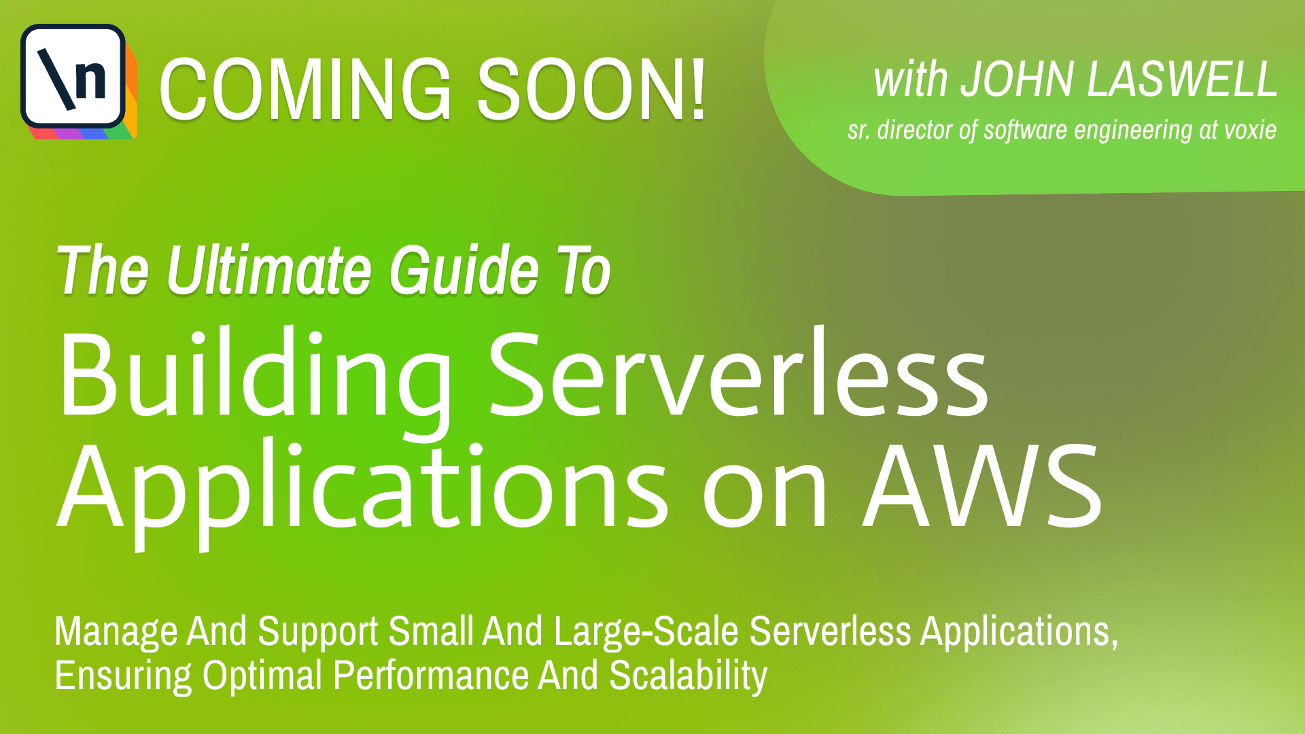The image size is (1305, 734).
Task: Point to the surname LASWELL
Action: [1183, 80]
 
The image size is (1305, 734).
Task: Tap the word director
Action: [915, 130]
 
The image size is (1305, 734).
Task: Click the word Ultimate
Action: [269, 270]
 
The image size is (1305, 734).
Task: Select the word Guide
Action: [464, 270]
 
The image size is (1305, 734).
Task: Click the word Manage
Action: [116, 632]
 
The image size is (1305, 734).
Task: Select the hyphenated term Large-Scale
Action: [646, 632]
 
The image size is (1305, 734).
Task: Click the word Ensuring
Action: [124, 677]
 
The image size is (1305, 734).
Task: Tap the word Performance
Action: [431, 676]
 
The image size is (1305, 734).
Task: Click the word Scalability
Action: [688, 677]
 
